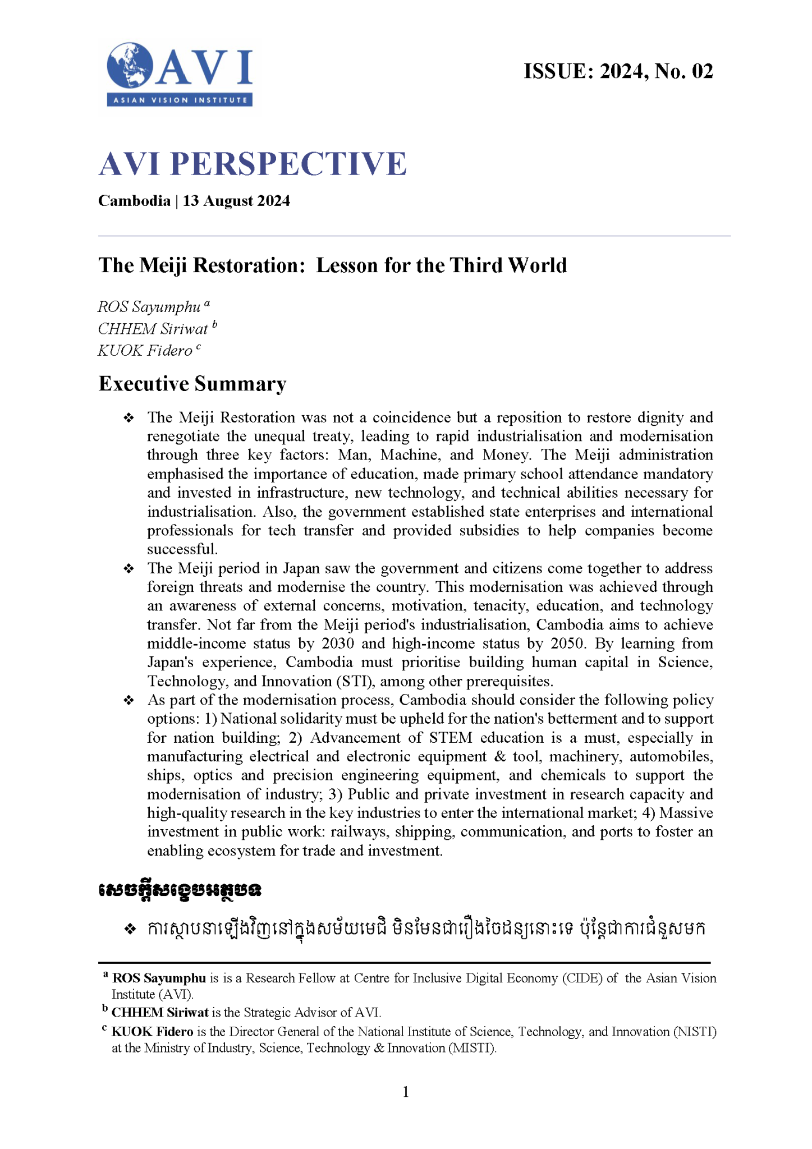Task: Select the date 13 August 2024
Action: tap(236, 201)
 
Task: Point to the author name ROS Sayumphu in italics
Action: tap(149, 307)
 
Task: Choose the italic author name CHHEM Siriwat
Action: tap(153, 329)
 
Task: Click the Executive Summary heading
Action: tap(192, 384)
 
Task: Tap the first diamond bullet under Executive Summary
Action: tap(129, 418)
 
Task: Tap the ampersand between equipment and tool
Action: tap(500, 757)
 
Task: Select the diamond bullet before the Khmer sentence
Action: tap(130, 929)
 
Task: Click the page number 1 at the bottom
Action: tap(406, 1092)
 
